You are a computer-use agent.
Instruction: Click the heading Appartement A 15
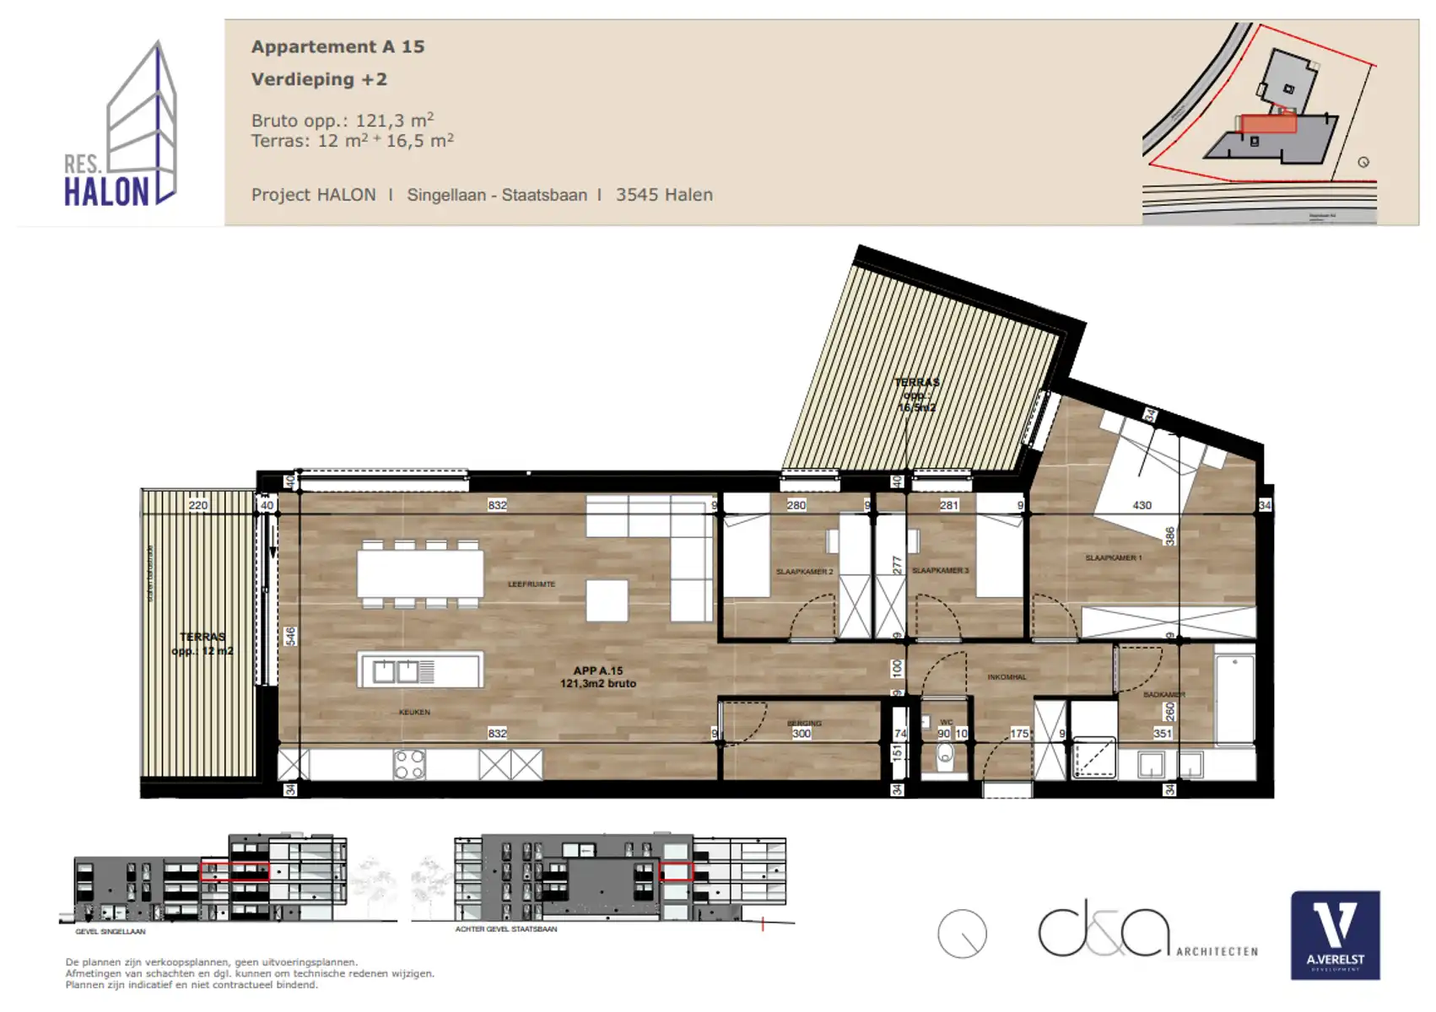[337, 47]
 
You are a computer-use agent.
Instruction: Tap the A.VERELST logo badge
[1335, 935]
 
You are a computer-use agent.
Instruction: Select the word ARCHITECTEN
[1217, 952]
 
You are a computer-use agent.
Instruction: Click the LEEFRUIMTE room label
[532, 584]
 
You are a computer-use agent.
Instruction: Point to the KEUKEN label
[414, 713]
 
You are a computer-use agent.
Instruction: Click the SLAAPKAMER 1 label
[1113, 558]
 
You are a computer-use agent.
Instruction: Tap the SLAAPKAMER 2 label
[804, 572]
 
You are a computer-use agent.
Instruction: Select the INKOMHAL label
[1007, 677]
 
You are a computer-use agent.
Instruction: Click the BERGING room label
[804, 724]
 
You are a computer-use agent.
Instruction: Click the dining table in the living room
[420, 573]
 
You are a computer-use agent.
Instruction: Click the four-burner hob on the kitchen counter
[409, 764]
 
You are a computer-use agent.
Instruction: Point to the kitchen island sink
[397, 672]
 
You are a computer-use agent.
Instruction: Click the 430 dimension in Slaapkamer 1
[1142, 505]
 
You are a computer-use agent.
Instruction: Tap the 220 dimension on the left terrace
[197, 505]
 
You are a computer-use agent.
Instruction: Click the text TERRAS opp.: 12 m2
[202, 643]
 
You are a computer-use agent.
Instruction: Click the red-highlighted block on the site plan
[1268, 124]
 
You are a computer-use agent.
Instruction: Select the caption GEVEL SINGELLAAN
[111, 932]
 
